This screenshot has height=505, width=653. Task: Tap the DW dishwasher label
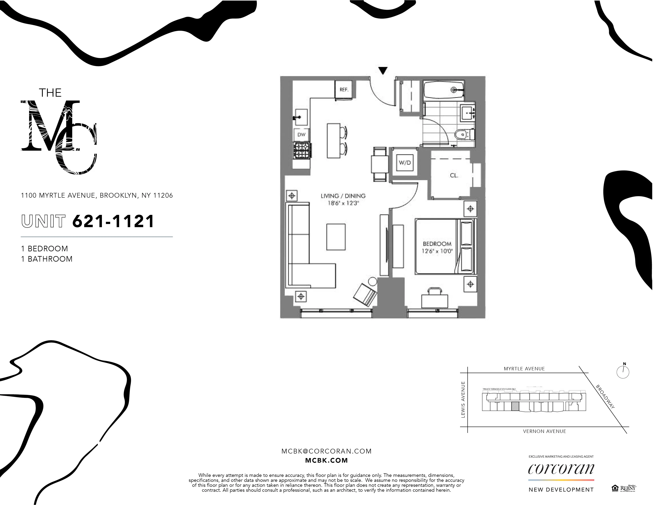tap(301, 135)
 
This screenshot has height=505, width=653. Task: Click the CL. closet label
tap(454, 176)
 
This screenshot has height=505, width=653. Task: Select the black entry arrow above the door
tap(383, 71)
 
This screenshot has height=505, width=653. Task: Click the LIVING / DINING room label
tap(343, 196)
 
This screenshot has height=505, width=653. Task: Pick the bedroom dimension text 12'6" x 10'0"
tap(437, 251)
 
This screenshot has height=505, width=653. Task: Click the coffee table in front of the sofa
tap(336, 237)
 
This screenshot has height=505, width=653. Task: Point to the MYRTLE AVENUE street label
tap(524, 369)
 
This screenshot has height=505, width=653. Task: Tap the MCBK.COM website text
tap(326, 460)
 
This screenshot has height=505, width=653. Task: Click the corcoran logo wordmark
tap(561, 469)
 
